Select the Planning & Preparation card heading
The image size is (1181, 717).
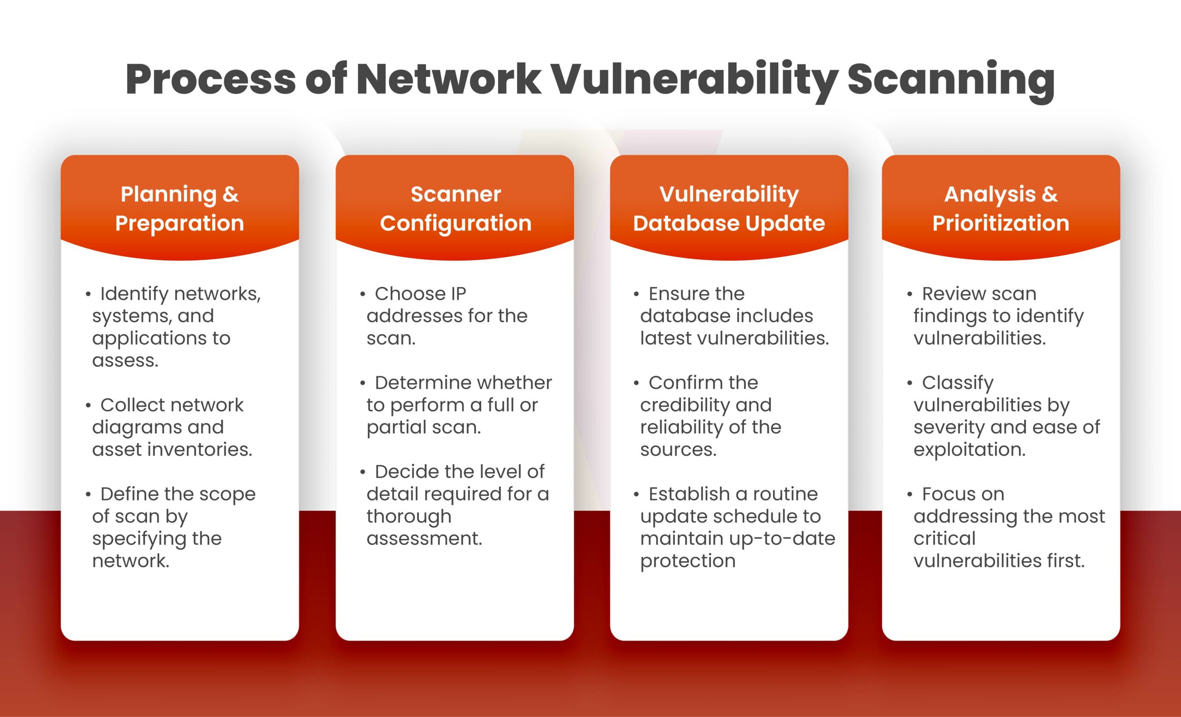pos(180,208)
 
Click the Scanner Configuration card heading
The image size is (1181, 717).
pos(456,208)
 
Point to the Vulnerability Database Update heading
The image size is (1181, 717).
pos(729,208)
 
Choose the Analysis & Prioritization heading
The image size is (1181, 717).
pos(1001,208)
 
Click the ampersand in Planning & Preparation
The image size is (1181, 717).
pos(231,195)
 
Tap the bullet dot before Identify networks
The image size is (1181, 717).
pos(88,294)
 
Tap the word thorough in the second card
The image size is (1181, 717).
pos(409,517)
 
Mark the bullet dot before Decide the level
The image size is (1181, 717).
pos(363,472)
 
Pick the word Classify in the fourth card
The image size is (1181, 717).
pos(958,383)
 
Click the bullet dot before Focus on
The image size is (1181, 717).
pos(910,494)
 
